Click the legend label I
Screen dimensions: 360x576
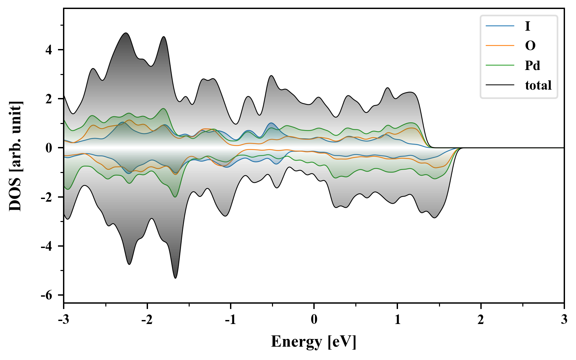(527, 26)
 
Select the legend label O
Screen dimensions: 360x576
(530, 46)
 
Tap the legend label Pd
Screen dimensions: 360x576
(532, 65)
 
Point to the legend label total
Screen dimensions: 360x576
(538, 85)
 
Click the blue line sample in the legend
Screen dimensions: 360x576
(500, 26)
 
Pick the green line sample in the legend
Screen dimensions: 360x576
(500, 65)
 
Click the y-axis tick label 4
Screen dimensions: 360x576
(49, 50)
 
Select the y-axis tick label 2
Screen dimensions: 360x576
(49, 99)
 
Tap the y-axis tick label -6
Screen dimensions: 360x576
(47, 295)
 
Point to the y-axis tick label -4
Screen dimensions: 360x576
(47, 246)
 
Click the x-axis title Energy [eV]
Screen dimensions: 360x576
(314, 342)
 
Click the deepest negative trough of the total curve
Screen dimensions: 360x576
(176, 278)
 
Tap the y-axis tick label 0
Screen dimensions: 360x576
(49, 148)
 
